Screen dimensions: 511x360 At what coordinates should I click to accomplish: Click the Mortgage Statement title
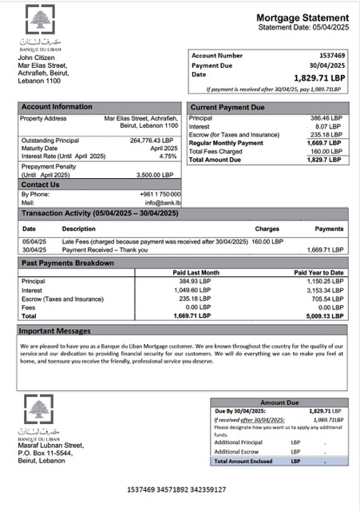tap(302, 17)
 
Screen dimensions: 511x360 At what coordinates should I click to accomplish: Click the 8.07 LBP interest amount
tap(330, 126)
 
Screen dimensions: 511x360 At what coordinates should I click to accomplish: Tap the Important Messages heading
tap(54, 330)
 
